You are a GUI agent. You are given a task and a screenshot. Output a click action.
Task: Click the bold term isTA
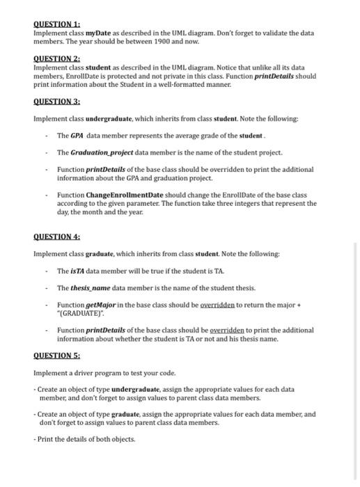75,271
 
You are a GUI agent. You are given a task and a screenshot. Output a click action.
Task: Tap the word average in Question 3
182,136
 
